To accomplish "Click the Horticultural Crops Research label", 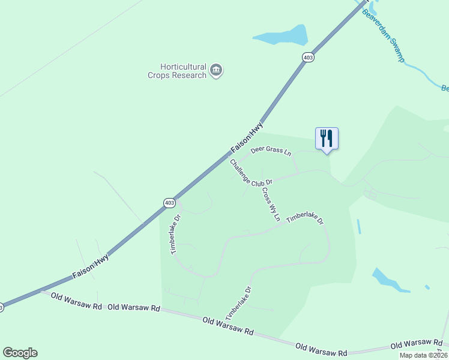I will [177, 71].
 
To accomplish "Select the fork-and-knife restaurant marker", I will [327, 139].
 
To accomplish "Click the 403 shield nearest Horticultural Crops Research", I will [308, 57].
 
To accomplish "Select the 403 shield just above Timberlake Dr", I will [169, 203].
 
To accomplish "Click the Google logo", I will [20, 353].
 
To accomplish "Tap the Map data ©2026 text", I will [423, 355].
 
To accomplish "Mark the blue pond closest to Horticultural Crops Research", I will [281, 36].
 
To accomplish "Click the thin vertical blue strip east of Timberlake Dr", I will [359, 226].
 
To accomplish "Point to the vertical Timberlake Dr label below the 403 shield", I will [176, 235].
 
